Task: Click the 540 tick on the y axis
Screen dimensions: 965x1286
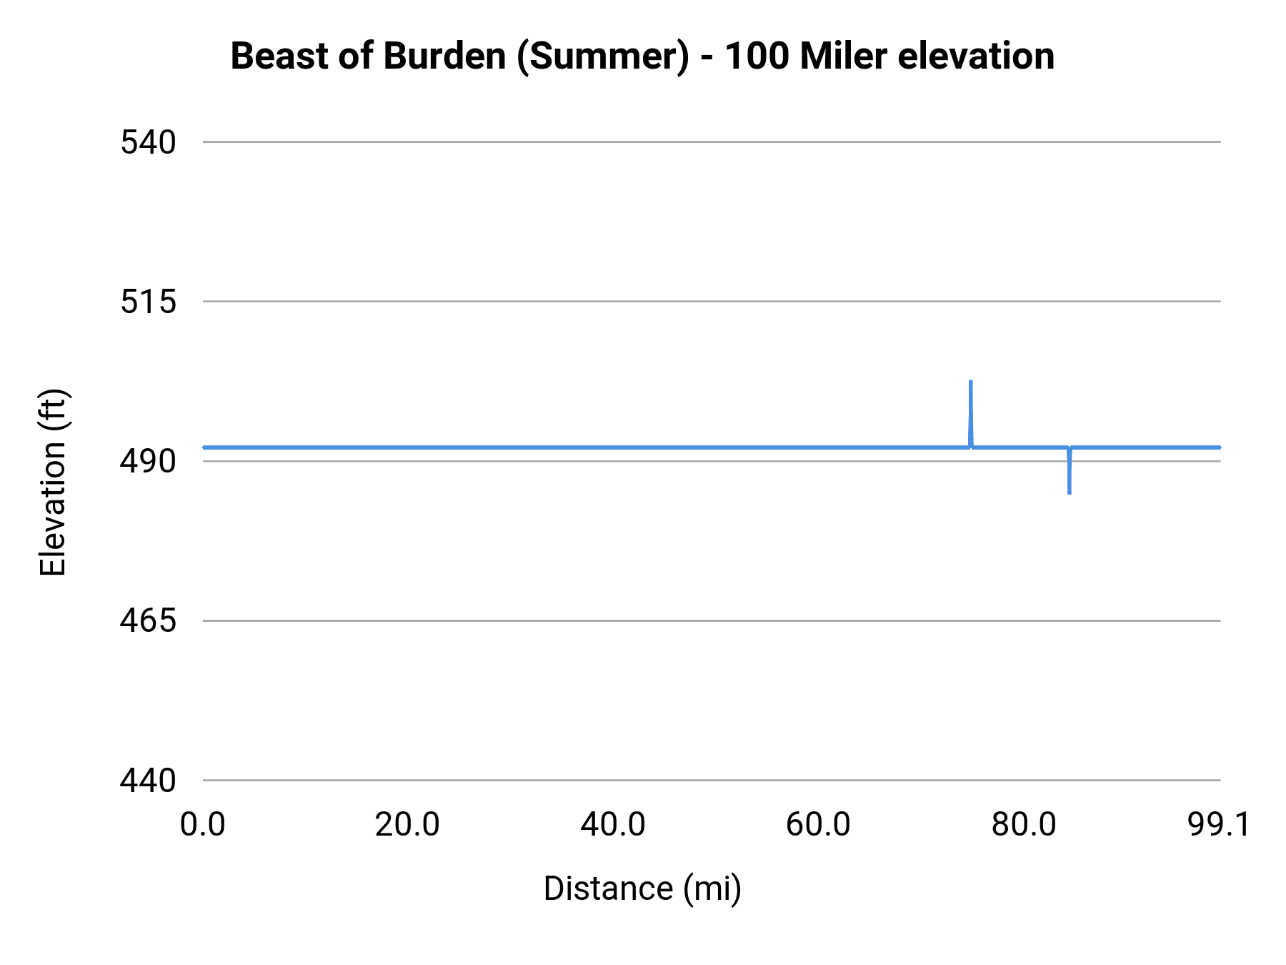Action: point(148,142)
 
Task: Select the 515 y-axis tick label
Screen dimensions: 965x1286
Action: point(148,302)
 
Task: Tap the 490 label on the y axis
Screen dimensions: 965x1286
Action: point(148,461)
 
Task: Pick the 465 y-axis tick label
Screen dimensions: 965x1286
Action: point(148,620)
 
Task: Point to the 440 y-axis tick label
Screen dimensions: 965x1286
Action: point(148,780)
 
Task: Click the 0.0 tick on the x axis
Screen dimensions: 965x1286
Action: point(203,824)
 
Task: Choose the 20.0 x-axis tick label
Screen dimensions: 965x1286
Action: point(407,824)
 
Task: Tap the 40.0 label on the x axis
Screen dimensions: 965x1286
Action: point(613,824)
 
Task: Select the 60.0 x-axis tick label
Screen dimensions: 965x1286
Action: point(818,824)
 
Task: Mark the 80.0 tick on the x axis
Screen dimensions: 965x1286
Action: point(1023,824)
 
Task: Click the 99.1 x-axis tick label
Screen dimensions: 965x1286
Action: point(1219,824)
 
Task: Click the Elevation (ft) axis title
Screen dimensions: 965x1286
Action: point(53,482)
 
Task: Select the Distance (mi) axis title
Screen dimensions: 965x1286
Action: point(642,889)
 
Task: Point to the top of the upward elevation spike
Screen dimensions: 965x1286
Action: point(970,382)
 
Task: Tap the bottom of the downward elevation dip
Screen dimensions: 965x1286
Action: point(1069,493)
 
